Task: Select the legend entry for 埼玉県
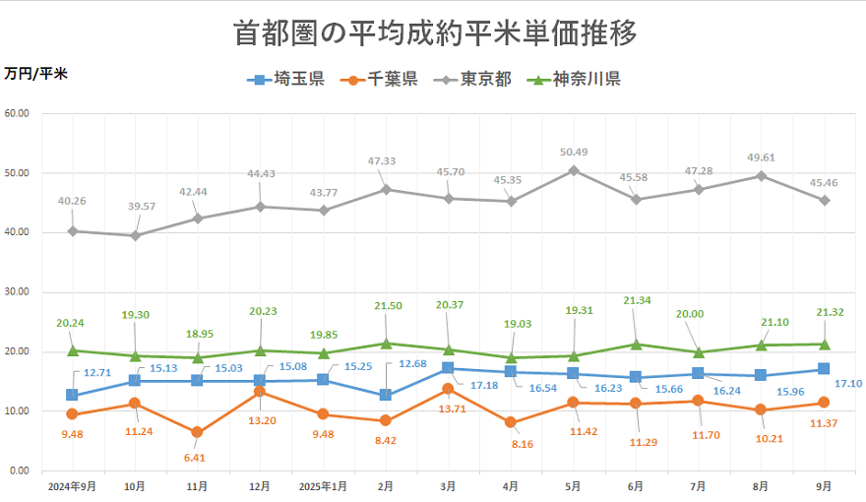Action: point(285,80)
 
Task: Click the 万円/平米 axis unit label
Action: point(35,74)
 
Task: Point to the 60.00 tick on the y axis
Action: point(17,113)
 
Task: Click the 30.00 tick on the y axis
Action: point(17,292)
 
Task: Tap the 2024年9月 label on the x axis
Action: point(71,486)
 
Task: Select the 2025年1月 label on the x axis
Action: point(322,486)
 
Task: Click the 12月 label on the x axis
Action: point(260,486)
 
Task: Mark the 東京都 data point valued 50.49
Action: point(573,170)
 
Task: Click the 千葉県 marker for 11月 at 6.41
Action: point(197,432)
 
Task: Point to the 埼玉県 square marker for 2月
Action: point(385,395)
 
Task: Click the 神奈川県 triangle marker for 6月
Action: point(636,344)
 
